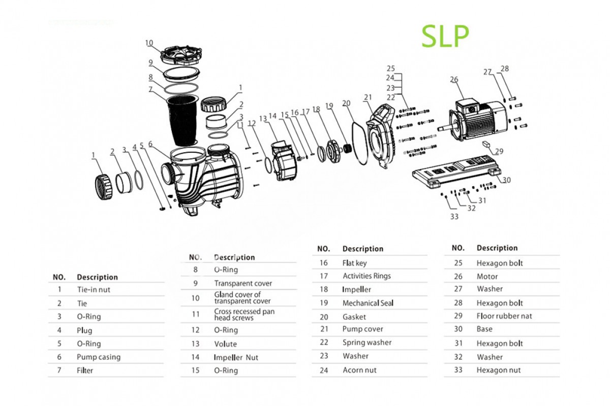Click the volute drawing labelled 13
tap(284, 160)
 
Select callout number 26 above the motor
tap(454, 80)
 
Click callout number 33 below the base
tap(454, 217)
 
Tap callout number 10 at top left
tap(149, 43)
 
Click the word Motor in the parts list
tap(487, 277)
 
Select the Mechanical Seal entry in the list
tap(368, 303)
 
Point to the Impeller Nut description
tap(236, 357)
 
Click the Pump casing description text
tap(99, 357)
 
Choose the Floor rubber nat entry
tap(504, 316)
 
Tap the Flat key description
tap(354, 263)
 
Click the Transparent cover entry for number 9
tap(243, 283)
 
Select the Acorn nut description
tap(359, 370)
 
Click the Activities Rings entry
tap(367, 276)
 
